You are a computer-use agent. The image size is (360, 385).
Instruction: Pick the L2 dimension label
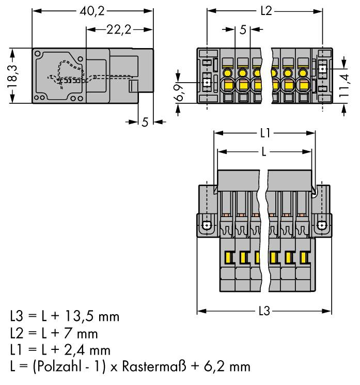[265, 11]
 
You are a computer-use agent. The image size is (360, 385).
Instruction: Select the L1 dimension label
[265, 133]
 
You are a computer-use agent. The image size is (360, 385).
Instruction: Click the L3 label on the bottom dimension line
[264, 312]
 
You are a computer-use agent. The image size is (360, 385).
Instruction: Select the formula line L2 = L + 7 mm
[54, 333]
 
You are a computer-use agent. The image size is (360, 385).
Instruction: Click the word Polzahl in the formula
[59, 367]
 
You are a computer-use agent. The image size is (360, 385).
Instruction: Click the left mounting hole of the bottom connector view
[207, 225]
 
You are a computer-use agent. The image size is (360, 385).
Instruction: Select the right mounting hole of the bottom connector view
[321, 225]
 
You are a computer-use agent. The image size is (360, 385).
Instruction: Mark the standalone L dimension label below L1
[264, 152]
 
